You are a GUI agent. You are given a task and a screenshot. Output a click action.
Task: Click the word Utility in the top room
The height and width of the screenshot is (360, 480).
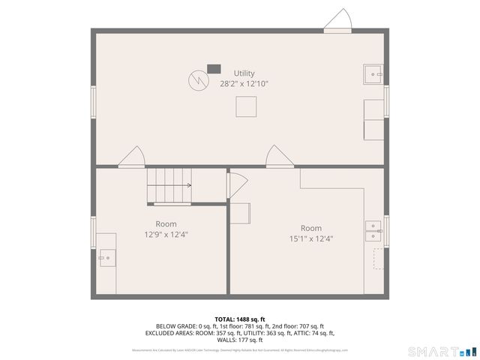point(244,73)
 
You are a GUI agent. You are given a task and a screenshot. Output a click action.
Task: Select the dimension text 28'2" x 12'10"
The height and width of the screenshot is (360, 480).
point(244,84)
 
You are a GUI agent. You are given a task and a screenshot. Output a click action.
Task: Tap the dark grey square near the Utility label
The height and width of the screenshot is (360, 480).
point(214,69)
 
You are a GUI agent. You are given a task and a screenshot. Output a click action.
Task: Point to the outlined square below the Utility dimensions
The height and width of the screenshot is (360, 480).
point(246,107)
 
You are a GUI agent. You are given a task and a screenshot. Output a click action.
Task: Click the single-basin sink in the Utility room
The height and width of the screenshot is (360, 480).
point(374,75)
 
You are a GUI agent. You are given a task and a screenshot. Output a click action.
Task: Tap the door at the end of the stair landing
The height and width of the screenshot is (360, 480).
point(236,184)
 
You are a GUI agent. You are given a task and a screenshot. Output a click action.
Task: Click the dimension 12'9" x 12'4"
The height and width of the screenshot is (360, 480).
point(166,234)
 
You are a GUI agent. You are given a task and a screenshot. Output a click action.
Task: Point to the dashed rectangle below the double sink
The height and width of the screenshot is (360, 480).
point(379,259)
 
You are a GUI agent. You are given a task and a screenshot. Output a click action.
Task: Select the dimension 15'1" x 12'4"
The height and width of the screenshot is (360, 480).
point(311,238)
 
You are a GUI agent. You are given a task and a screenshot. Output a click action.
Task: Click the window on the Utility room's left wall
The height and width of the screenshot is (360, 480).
point(94,101)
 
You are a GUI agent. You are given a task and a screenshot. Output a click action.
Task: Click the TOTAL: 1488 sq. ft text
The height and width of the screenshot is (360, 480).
point(240,319)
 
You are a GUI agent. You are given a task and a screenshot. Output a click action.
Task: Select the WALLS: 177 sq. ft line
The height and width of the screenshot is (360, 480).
point(240,340)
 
